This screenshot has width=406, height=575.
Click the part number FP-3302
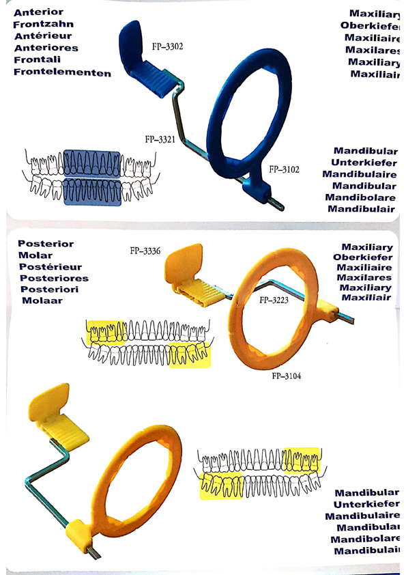click(x=167, y=46)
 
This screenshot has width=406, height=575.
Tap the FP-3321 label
click(x=160, y=139)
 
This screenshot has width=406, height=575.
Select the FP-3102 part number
click(x=284, y=169)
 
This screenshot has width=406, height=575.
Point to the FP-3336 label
click(x=145, y=251)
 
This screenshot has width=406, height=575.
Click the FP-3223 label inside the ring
click(x=274, y=300)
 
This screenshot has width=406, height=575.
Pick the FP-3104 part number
click(x=287, y=376)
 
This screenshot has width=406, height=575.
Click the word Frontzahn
click(x=43, y=24)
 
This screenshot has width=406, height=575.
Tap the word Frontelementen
click(x=62, y=72)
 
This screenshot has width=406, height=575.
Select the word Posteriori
click(x=49, y=290)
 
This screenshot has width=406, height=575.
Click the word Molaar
click(x=42, y=300)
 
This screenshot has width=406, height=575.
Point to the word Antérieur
click(x=43, y=36)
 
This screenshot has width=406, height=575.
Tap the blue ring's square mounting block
click(x=257, y=189)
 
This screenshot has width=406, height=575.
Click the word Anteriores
click(x=46, y=48)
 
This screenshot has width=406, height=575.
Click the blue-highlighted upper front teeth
click(x=91, y=163)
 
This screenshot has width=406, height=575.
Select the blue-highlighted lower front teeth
click(x=92, y=191)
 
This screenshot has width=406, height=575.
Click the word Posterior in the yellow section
click(x=46, y=244)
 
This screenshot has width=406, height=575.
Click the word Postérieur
click(x=50, y=267)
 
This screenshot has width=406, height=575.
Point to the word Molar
click(x=35, y=255)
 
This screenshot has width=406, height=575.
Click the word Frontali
click(x=38, y=59)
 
